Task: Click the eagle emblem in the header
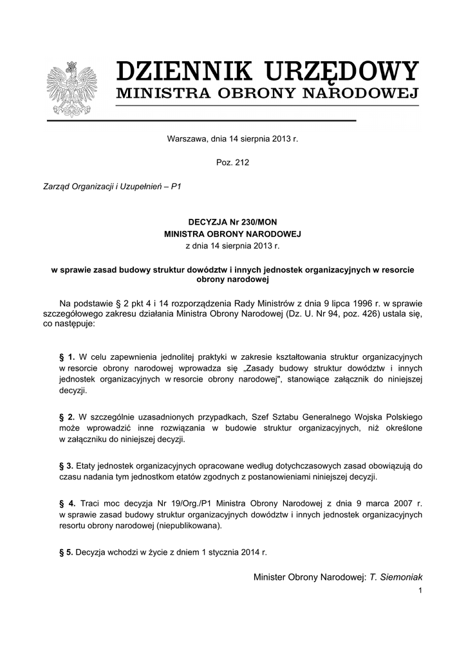pos(71,89)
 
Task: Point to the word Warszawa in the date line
pos(186,138)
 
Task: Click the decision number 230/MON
pos(257,221)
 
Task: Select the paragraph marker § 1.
pos(67,356)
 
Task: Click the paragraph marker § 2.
pos(67,416)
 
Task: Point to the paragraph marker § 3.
pos(66,465)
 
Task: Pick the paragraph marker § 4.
pos(67,503)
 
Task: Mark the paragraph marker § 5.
pos(66,552)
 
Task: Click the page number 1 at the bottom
pos(420,590)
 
